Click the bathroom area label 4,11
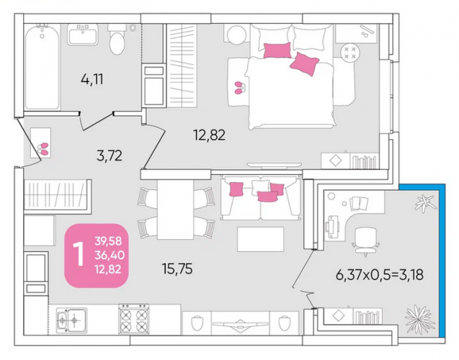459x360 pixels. (92, 79)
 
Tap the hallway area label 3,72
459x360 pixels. (110, 156)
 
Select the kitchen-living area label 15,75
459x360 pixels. (177, 269)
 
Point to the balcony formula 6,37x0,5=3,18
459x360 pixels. (379, 275)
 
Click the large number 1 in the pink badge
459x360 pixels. (79, 255)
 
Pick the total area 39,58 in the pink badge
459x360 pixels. (108, 241)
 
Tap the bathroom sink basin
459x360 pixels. (83, 35)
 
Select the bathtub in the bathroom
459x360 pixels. (42, 68)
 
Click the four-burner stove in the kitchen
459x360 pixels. (134, 319)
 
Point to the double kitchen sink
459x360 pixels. (72, 320)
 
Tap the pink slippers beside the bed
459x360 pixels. (241, 88)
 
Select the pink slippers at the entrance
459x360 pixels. (43, 149)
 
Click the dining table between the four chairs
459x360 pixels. (175, 210)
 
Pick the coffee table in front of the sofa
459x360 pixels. (261, 239)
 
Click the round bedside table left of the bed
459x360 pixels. (237, 35)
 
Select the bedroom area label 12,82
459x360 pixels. (209, 135)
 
